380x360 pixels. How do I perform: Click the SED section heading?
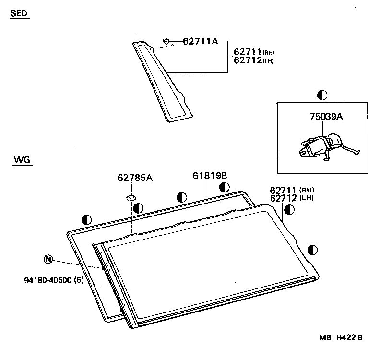[x=19, y=14]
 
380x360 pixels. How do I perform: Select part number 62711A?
[x=200, y=42]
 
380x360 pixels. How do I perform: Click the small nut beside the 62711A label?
[x=166, y=41]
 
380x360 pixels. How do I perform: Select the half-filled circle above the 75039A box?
[x=322, y=95]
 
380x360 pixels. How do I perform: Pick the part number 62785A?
[x=135, y=178]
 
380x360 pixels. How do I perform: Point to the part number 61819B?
[x=210, y=176]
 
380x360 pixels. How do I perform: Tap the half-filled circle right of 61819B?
[x=225, y=187]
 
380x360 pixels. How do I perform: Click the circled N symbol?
[x=48, y=259]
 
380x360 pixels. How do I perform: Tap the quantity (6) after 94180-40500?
[x=79, y=280]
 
